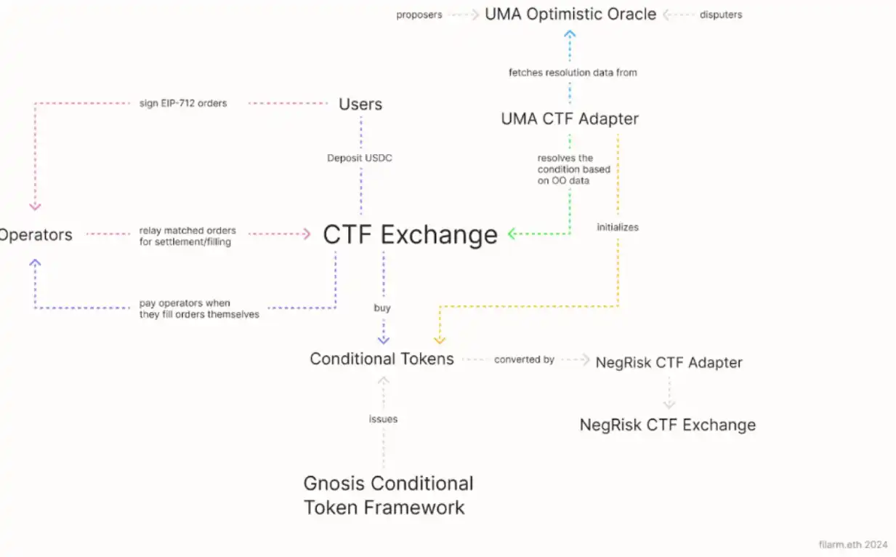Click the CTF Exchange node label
[410, 235]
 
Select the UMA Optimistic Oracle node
[570, 14]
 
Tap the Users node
[360, 104]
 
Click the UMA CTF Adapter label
[570, 119]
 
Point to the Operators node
[36, 235]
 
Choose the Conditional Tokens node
[382, 358]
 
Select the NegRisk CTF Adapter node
[669, 362]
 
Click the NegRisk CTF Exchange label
[667, 425]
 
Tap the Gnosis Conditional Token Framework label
[388, 495]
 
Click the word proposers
[419, 15]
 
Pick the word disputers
[722, 15]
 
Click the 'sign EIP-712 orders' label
[183, 103]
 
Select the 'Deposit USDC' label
[360, 158]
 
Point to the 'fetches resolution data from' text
[573, 73]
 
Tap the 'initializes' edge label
[618, 227]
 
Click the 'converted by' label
[524, 359]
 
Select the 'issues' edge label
[383, 419]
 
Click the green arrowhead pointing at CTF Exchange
[512, 234]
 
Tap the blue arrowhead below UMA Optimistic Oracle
[570, 33]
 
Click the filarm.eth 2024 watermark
[852, 544]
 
